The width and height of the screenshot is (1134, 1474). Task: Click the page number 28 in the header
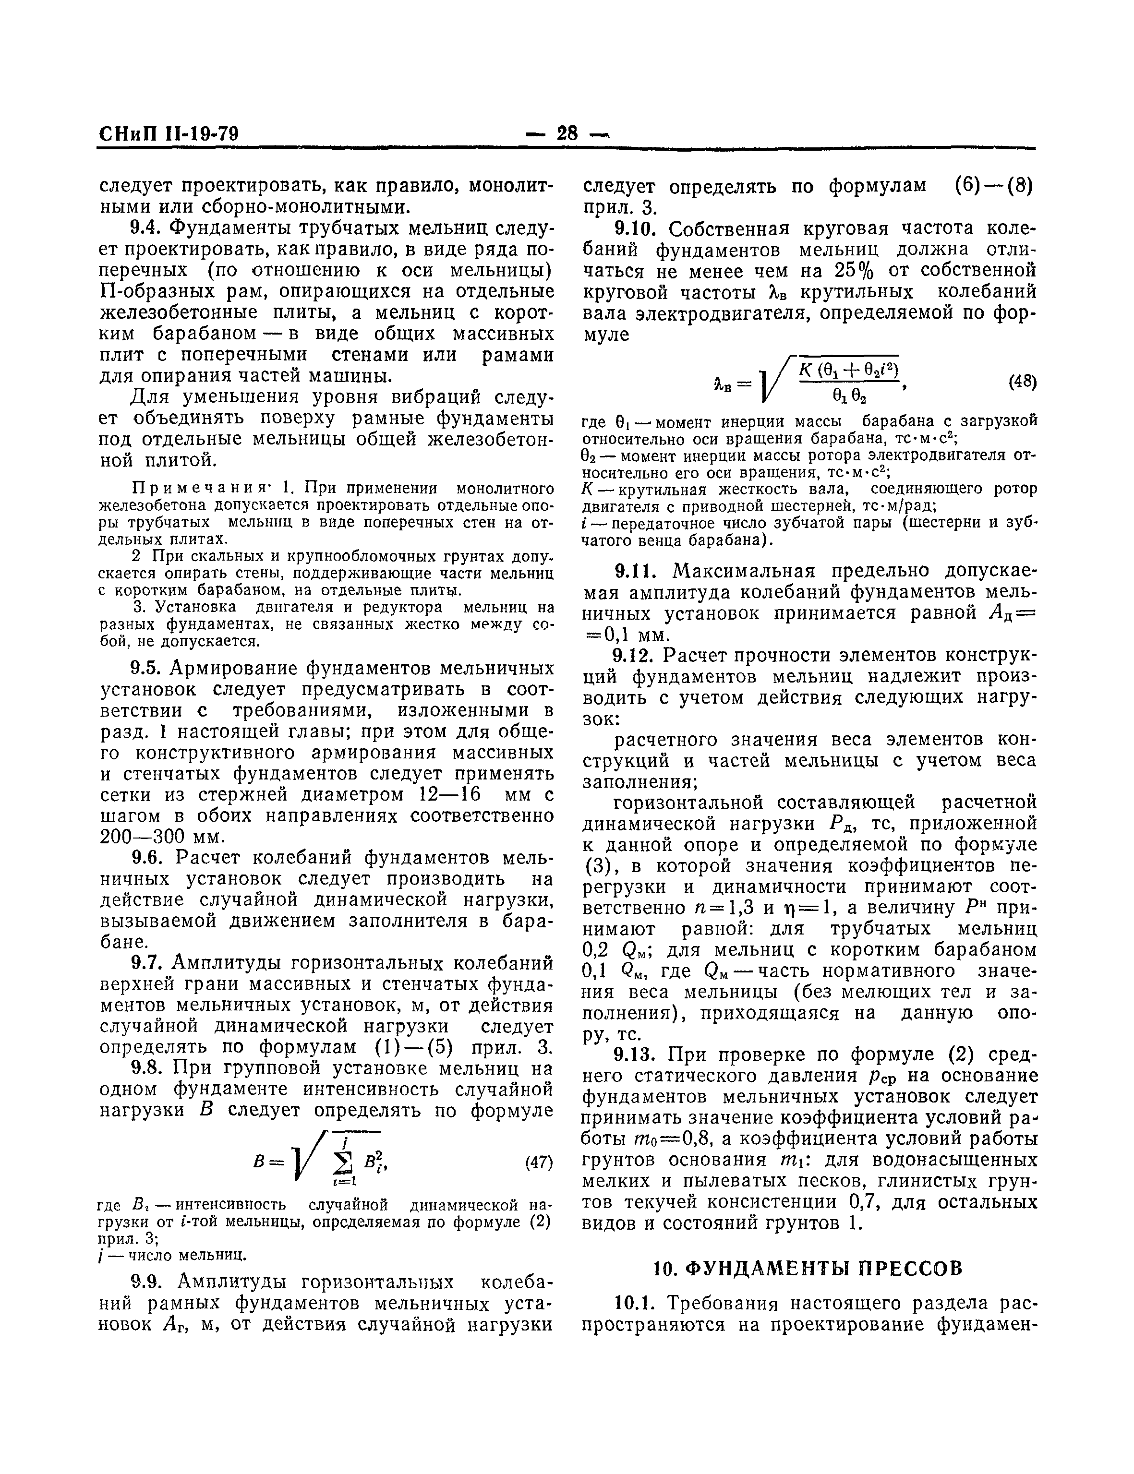568,133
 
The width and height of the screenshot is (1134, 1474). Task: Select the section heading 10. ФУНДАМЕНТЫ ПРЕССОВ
808,1269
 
